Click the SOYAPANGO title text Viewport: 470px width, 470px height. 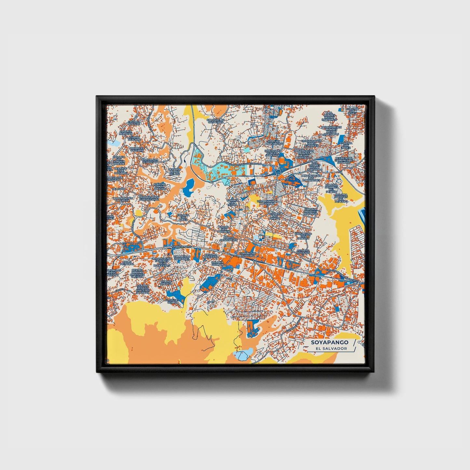[x=329, y=342]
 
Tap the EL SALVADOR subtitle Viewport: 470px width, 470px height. [x=329, y=348]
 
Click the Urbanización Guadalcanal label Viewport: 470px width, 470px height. [x=149, y=198]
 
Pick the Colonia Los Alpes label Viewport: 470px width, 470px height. [x=183, y=217]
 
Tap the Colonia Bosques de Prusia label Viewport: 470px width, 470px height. [x=310, y=212]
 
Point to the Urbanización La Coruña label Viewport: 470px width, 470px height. [x=267, y=203]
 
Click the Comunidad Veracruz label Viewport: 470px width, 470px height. [x=248, y=254]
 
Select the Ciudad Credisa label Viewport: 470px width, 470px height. [x=166, y=283]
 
